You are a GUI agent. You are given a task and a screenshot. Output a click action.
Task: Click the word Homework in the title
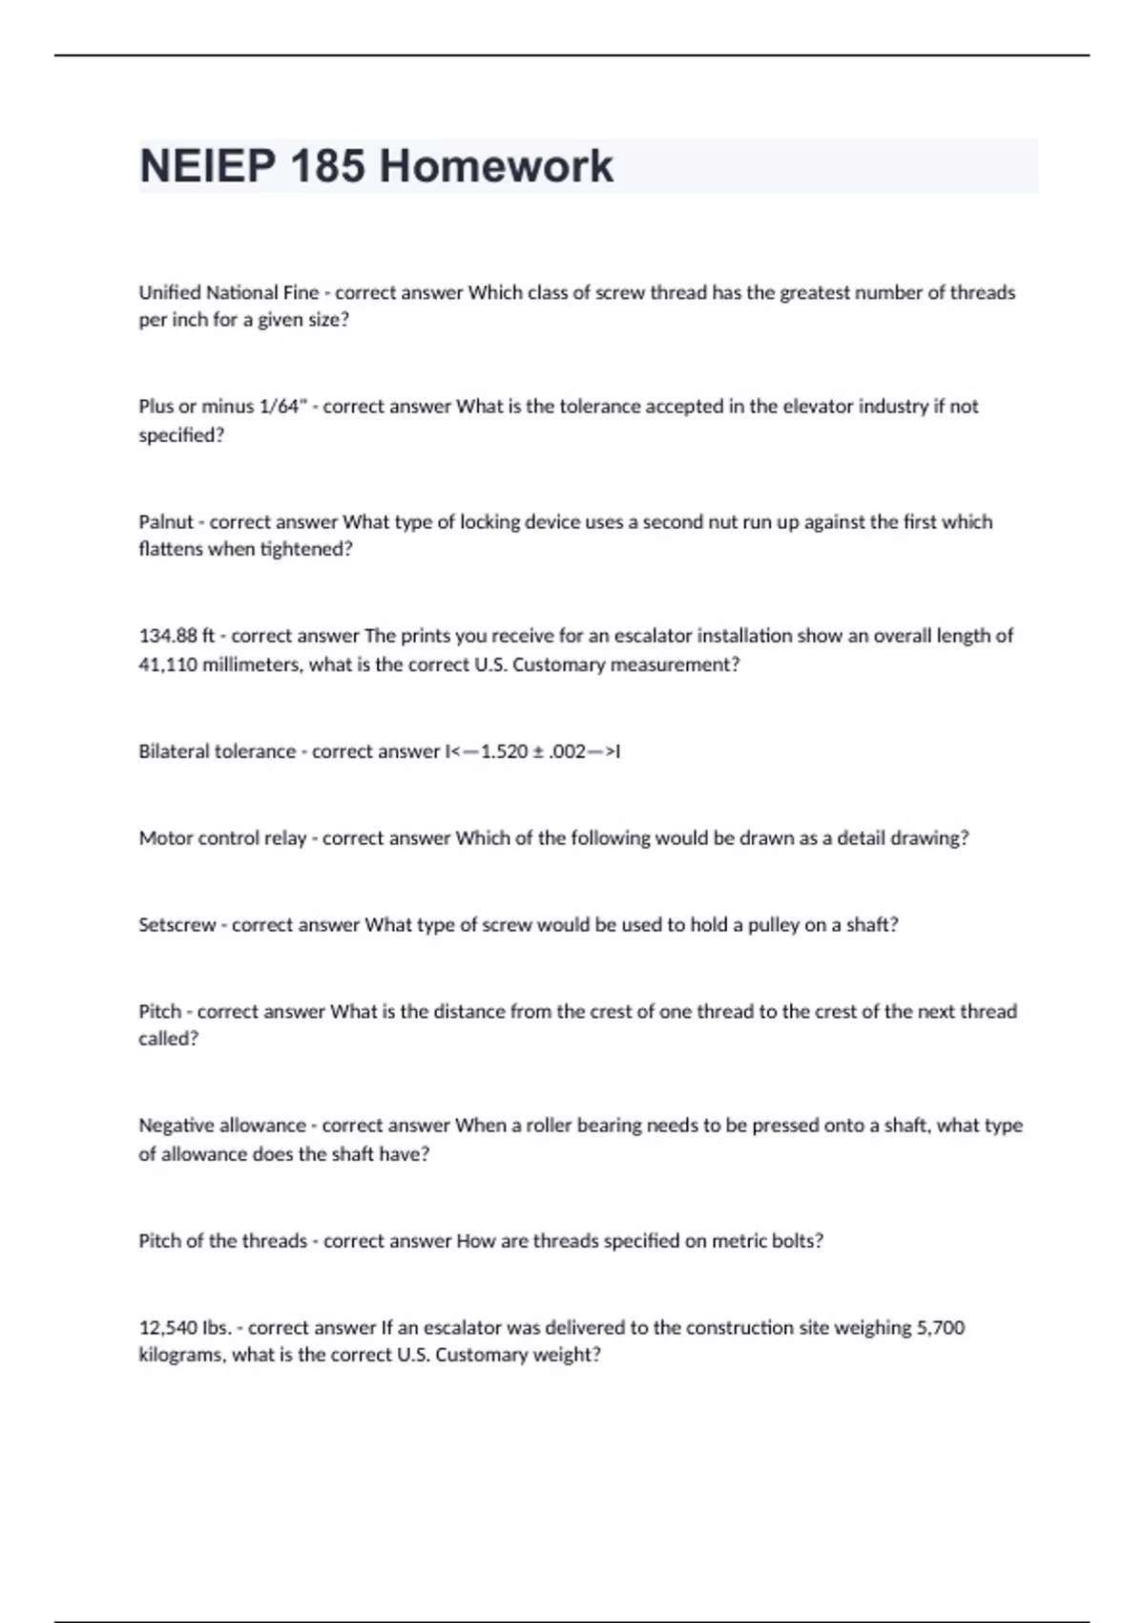[495, 166]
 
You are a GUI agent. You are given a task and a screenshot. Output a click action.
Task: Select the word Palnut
[166, 521]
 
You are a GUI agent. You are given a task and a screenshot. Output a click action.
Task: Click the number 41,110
[168, 664]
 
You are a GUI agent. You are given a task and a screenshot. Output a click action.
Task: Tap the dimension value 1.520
[504, 751]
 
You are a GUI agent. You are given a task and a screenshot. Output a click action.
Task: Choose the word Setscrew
[177, 925]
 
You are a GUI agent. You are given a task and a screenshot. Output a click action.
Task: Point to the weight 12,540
[168, 1328]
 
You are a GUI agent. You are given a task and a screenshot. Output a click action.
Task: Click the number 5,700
[940, 1328]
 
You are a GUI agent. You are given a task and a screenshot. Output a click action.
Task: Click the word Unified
[169, 293]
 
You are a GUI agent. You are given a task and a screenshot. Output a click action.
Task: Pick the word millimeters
[249, 664]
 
